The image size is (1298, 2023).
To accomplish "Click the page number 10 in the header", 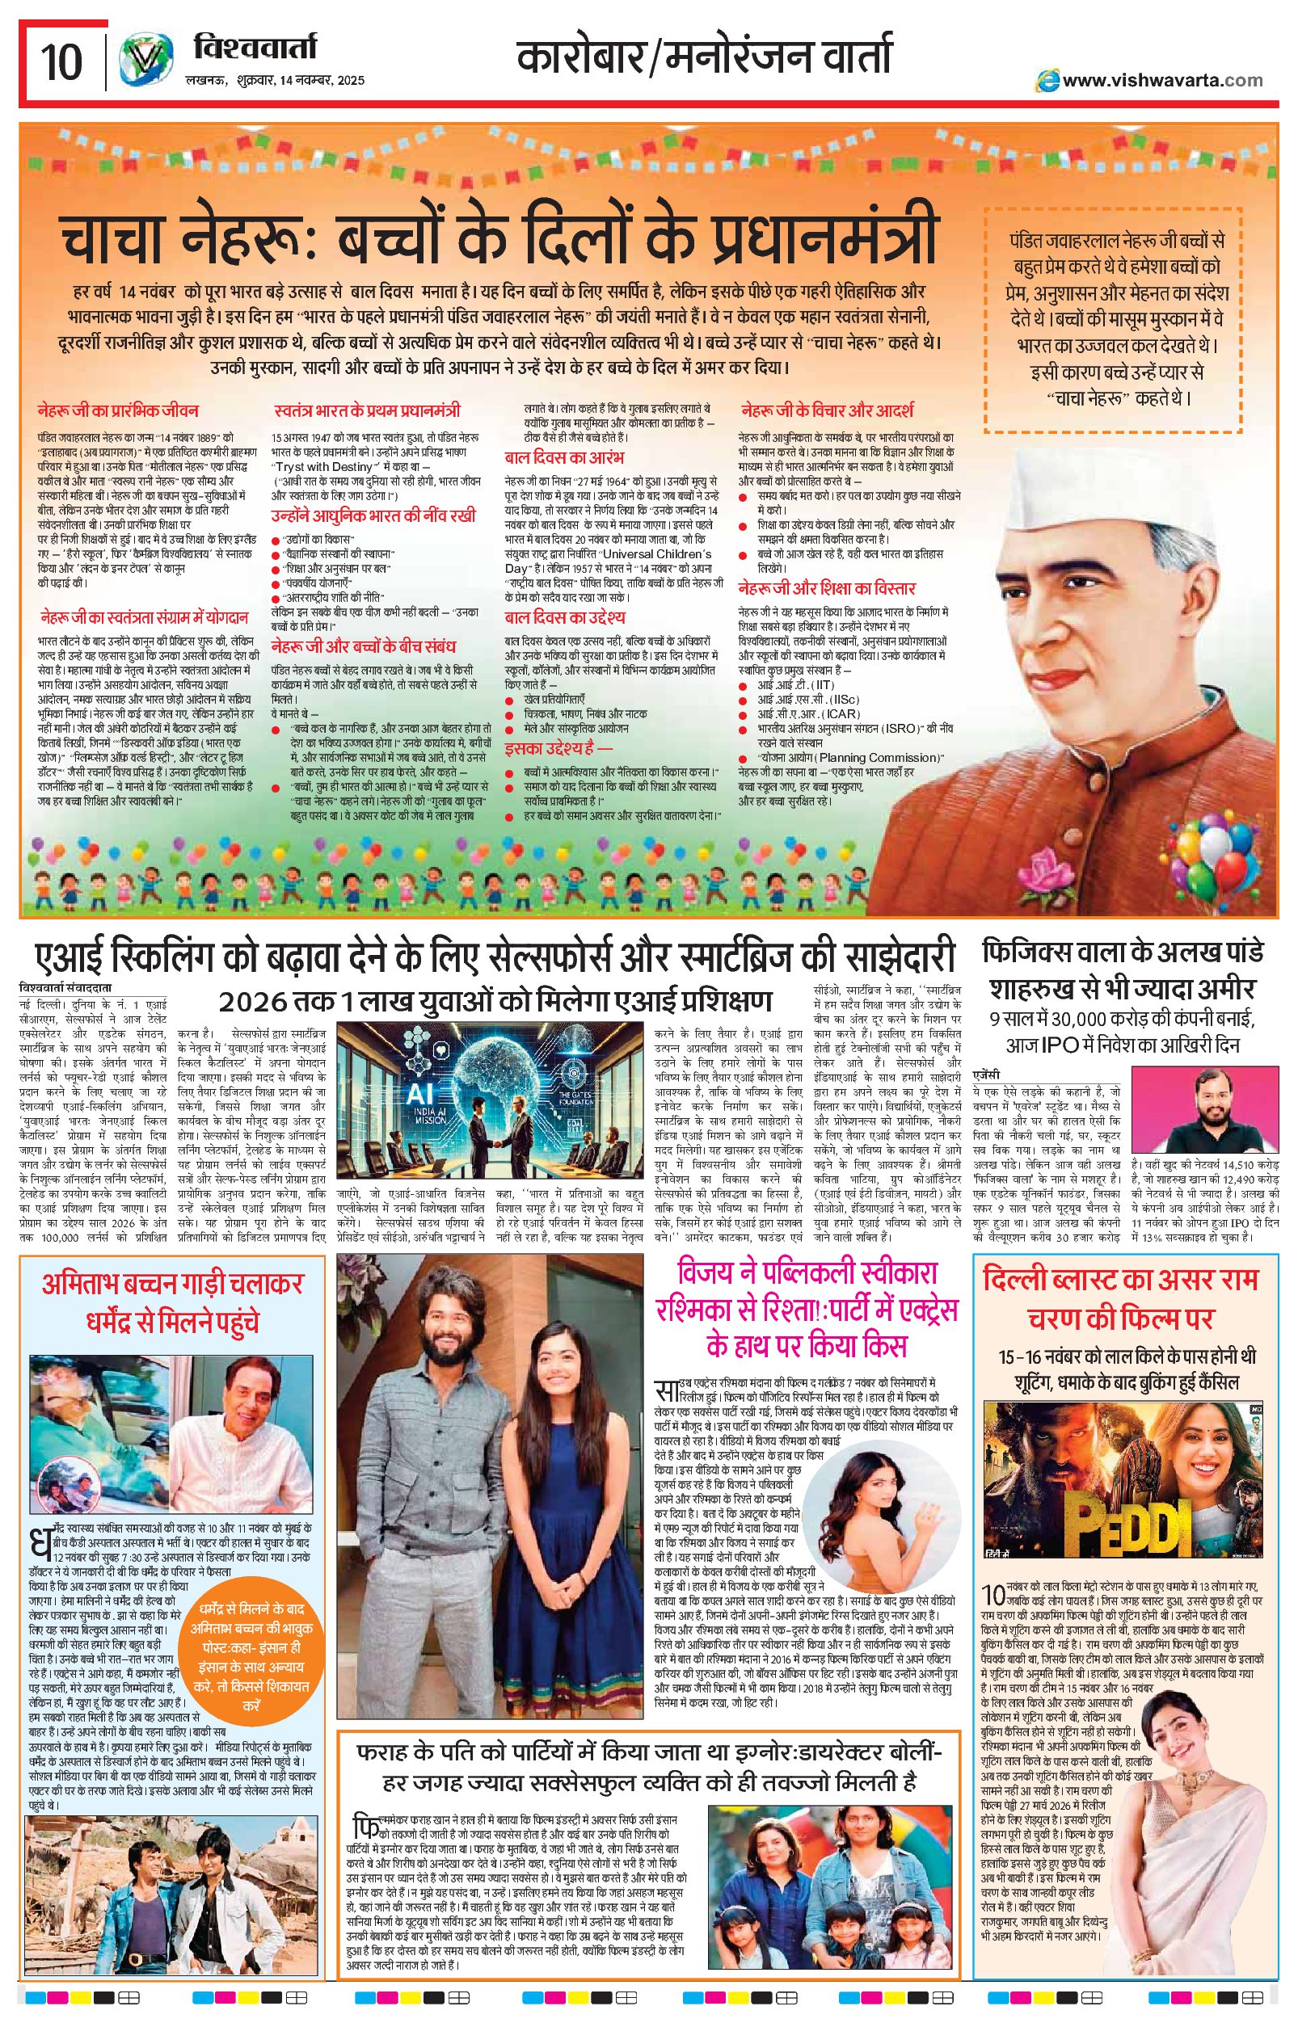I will coord(61,61).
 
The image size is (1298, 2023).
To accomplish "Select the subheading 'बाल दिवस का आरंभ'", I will coord(564,457).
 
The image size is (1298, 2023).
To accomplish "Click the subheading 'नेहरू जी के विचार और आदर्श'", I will coord(827,411).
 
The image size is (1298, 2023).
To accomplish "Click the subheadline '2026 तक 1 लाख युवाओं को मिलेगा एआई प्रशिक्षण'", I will coord(495,1001).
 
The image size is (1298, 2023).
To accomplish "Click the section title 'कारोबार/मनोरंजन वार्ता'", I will coord(703,59).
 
